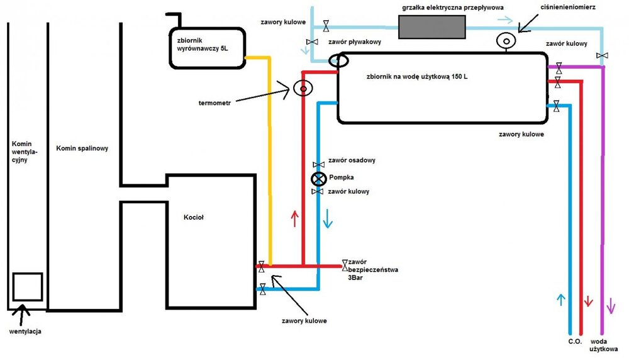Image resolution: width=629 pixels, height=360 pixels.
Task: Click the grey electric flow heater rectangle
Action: [x=432, y=27]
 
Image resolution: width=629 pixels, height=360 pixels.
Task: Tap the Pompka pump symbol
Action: [x=318, y=178]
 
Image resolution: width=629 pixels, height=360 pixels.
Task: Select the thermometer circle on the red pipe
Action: [x=303, y=89]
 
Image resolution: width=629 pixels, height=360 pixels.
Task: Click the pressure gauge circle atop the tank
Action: [x=505, y=40]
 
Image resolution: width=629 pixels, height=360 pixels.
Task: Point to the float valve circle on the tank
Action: [x=339, y=60]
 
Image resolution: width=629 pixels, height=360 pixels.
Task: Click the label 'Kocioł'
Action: [x=194, y=217]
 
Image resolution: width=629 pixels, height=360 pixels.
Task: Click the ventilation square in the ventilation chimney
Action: [x=27, y=287]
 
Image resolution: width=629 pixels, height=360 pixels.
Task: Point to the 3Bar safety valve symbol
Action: [x=345, y=265]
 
